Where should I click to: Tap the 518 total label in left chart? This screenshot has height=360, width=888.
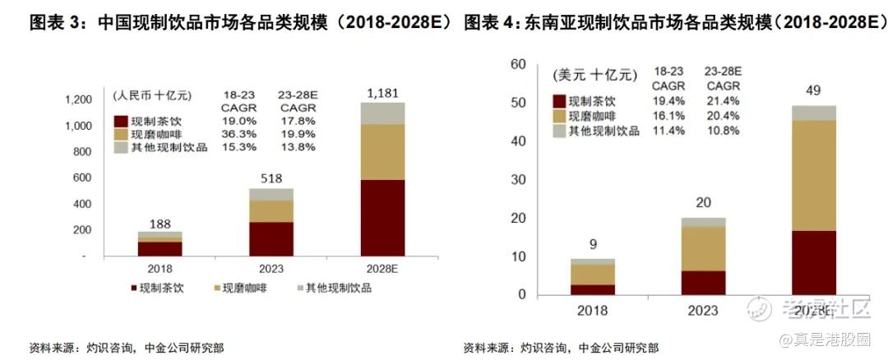pyautogui.click(x=271, y=178)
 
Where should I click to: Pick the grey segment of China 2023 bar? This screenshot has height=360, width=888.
pyautogui.click(x=271, y=194)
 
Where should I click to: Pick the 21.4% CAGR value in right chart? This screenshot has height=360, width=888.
pyautogui.click(x=723, y=101)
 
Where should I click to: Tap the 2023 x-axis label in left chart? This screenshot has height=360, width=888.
pyautogui.click(x=271, y=269)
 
